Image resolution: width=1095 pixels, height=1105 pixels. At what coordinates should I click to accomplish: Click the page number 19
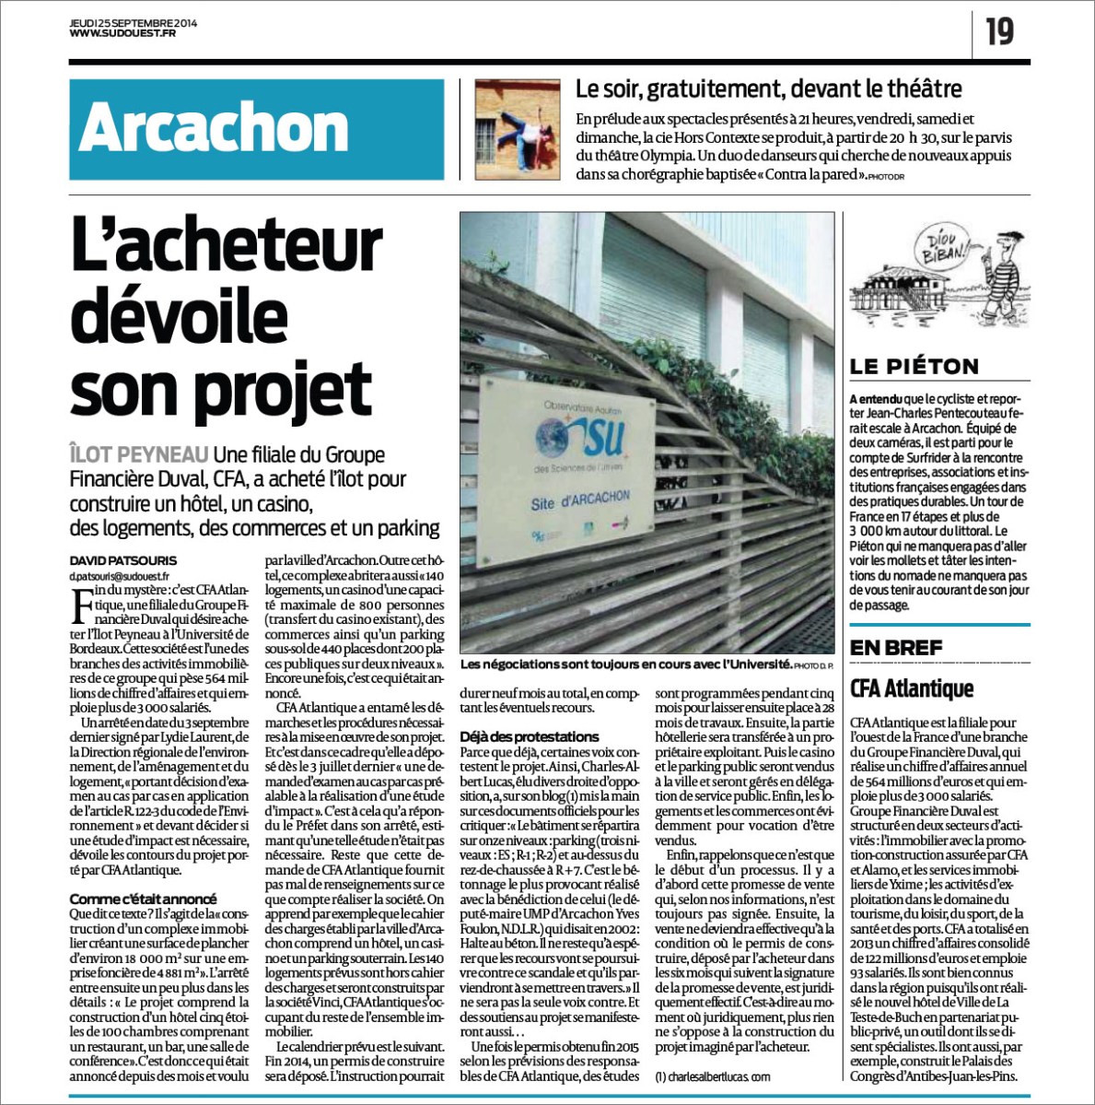pyautogui.click(x=999, y=31)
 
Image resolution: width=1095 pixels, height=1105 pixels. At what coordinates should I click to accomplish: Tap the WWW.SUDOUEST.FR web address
pyautogui.click(x=122, y=34)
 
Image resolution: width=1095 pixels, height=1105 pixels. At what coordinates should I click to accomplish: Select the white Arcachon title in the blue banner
pyautogui.click(x=214, y=128)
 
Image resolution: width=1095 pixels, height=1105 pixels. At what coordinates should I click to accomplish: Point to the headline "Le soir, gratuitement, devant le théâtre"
pyautogui.click(x=768, y=88)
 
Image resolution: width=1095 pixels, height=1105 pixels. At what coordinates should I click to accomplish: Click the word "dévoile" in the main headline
pyautogui.click(x=179, y=315)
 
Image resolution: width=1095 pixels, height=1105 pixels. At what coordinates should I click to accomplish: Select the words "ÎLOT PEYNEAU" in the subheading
pyautogui.click(x=139, y=454)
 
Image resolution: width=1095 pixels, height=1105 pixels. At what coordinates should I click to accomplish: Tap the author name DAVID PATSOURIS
pyautogui.click(x=123, y=560)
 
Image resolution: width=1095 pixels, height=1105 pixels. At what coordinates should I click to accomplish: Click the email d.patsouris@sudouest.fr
pyautogui.click(x=120, y=577)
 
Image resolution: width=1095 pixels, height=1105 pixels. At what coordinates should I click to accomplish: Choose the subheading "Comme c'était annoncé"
pyautogui.click(x=143, y=899)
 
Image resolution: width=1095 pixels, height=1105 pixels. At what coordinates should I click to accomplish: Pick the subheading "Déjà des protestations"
pyautogui.click(x=530, y=736)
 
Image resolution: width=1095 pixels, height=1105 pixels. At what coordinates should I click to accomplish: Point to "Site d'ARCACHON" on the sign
pyautogui.click(x=580, y=500)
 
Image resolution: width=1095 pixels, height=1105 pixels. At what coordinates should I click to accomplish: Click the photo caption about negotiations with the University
pyautogui.click(x=625, y=664)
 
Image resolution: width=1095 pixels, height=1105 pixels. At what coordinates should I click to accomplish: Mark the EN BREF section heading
pyautogui.click(x=896, y=648)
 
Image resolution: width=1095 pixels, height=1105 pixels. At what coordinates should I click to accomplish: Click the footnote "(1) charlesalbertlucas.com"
pyautogui.click(x=713, y=1076)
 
